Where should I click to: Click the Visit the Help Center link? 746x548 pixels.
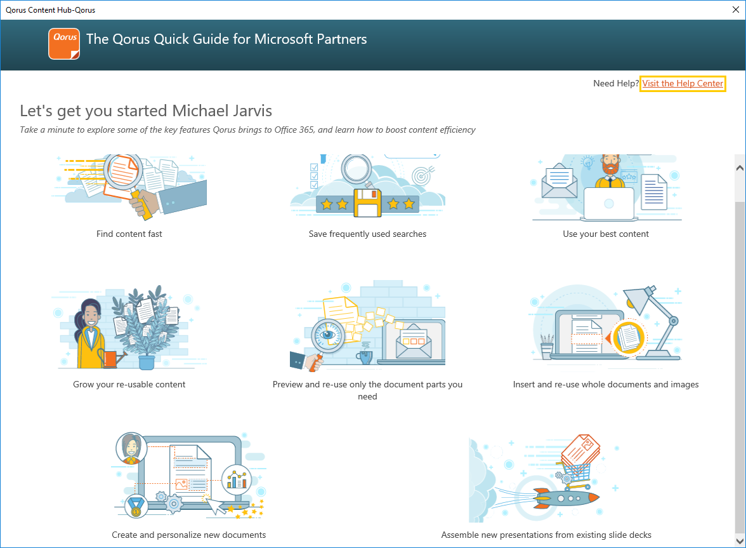click(x=683, y=83)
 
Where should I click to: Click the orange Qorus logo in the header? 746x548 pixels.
click(x=64, y=44)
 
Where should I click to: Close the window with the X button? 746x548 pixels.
click(x=736, y=10)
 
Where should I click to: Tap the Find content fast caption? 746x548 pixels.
click(x=129, y=234)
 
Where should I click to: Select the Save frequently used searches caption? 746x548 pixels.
click(x=367, y=234)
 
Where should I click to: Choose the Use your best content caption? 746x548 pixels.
click(x=606, y=234)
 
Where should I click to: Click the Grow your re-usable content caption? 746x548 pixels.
click(x=129, y=384)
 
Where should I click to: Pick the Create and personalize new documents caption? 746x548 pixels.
click(x=189, y=535)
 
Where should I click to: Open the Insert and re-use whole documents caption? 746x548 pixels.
click(x=606, y=384)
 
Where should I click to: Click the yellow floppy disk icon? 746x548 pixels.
click(x=368, y=203)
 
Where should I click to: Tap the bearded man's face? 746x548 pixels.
click(x=610, y=164)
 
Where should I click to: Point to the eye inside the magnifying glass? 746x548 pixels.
click(x=328, y=335)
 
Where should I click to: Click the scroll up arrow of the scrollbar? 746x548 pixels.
click(x=740, y=168)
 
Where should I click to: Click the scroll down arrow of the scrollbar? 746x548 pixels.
click(x=740, y=541)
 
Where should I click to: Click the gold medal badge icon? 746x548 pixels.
click(x=136, y=507)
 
